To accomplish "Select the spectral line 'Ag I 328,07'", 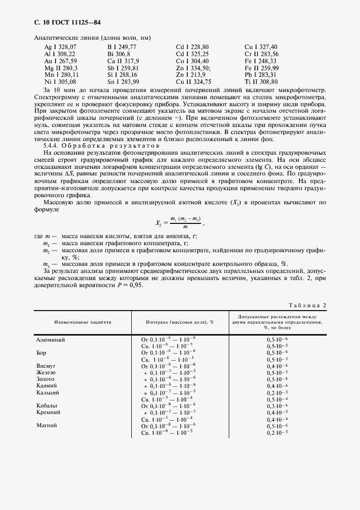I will point(61,47).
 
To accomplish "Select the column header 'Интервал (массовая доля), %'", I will point(179,322).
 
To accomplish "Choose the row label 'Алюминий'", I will point(51,339).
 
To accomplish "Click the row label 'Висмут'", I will point(46,366).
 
